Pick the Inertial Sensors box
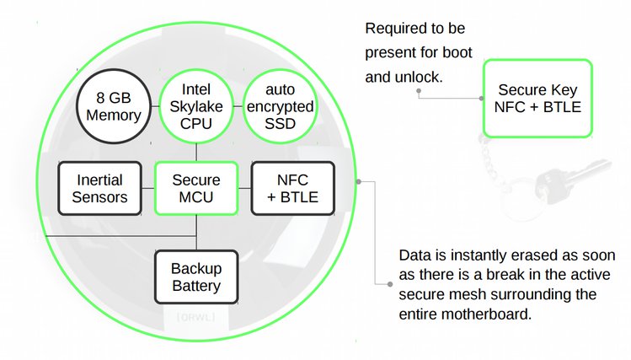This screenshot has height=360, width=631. coord(99,189)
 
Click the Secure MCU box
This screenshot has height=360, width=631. coord(195,189)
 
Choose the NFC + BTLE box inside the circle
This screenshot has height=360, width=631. coord(291,189)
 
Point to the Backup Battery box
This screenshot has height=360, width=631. coord(195,277)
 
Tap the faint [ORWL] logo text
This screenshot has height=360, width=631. coord(195,318)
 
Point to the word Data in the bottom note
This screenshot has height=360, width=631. coord(414,255)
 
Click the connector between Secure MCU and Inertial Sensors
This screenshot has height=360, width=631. coord(148,189)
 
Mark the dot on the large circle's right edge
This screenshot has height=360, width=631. coord(359,180)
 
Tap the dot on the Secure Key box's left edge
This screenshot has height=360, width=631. coord(483,98)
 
